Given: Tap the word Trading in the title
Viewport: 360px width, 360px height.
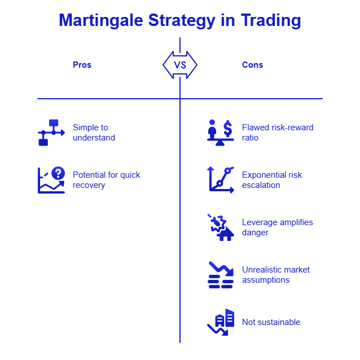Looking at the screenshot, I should pyautogui.click(x=271, y=21).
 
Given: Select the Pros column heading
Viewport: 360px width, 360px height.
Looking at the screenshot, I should pyautogui.click(x=82, y=65).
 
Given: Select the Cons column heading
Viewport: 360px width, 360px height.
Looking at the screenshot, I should pyautogui.click(x=252, y=65).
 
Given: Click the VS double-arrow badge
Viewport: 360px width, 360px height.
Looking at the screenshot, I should pyautogui.click(x=180, y=65).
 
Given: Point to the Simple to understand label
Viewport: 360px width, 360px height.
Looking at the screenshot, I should pyautogui.click(x=94, y=133).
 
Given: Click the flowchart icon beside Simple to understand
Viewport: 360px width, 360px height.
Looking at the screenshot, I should pyautogui.click(x=50, y=133).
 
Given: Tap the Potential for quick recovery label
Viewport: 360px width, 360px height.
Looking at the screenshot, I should pyautogui.click(x=106, y=180).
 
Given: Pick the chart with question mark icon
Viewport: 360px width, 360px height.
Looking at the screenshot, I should pyautogui.click(x=51, y=180).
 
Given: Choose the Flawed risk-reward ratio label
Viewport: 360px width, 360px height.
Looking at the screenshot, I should pyautogui.click(x=277, y=133).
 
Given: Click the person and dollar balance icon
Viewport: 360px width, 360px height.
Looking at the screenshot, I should pyautogui.click(x=220, y=133).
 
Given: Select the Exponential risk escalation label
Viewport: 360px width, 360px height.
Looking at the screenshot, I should pyautogui.click(x=271, y=180).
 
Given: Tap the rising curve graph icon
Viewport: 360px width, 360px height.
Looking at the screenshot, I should pyautogui.click(x=221, y=180).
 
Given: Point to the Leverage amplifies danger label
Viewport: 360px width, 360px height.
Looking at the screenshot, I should pyautogui.click(x=277, y=227).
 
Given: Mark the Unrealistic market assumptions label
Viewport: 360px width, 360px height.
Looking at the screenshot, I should pyautogui.click(x=275, y=275).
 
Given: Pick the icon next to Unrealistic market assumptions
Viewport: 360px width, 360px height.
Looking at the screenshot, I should pyautogui.click(x=220, y=275).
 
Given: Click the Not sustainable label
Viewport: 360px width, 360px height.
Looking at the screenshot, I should pyautogui.click(x=271, y=322).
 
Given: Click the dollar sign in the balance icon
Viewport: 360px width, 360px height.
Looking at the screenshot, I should pyautogui.click(x=227, y=129).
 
